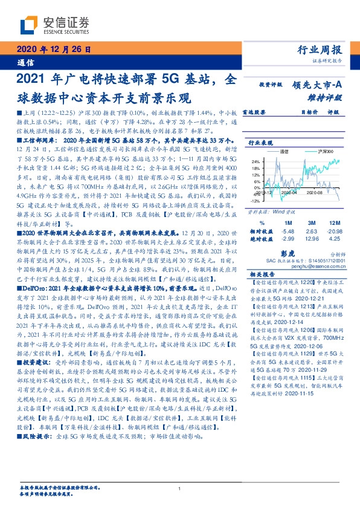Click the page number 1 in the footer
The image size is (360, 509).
(180, 490)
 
